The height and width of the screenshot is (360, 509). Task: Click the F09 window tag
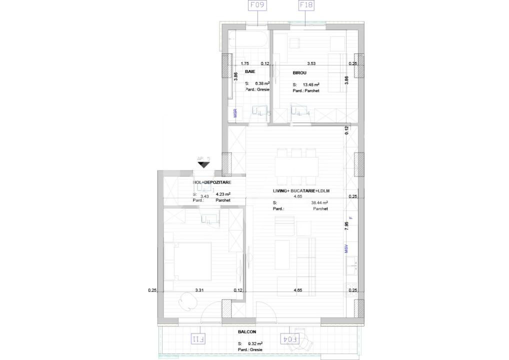tap(257, 6)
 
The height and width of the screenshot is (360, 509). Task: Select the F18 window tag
tap(305, 6)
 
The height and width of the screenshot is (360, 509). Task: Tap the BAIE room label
tap(250, 72)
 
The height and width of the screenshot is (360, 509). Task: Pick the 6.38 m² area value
tap(262, 83)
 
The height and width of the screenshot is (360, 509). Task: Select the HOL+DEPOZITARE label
tap(212, 183)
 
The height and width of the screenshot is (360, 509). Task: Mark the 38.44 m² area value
tap(319, 203)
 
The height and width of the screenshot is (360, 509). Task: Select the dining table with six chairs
tap(296, 165)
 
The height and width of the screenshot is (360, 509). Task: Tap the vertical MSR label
tap(235, 113)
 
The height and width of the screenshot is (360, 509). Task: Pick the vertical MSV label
tap(346, 248)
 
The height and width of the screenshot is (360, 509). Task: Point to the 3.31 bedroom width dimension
tap(198, 290)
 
